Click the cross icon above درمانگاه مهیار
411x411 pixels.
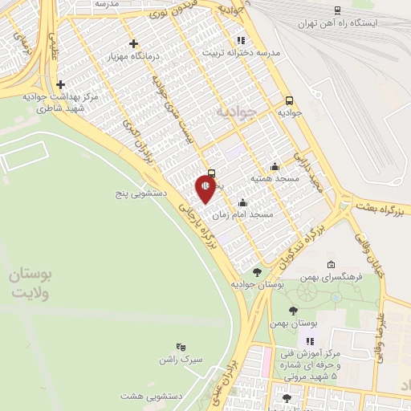click(x=133, y=43)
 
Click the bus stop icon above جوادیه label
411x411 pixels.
click(x=289, y=100)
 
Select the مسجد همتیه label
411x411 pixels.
click(x=274, y=178)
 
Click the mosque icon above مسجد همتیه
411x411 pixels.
click(x=275, y=166)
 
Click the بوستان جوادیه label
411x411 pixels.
click(x=258, y=284)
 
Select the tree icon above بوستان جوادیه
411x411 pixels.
click(x=257, y=272)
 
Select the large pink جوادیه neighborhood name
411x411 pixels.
click(x=234, y=112)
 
